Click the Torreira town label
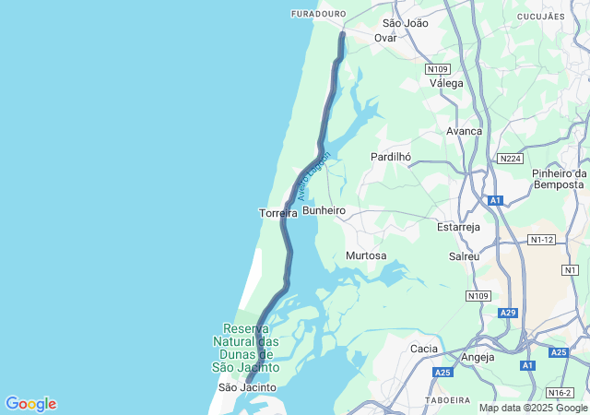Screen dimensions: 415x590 point(277,213)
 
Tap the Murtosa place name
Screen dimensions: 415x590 point(366,255)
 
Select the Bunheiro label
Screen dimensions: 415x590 point(324,211)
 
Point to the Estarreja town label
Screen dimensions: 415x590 point(459,225)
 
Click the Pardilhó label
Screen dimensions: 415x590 point(390,157)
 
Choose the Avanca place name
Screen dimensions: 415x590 point(464,131)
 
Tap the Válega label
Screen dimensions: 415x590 point(447,82)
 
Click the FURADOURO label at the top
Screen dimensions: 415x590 point(317,14)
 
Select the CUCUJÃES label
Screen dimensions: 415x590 point(540,17)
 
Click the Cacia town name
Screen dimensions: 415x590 point(423,349)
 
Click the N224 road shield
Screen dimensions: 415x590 point(510,159)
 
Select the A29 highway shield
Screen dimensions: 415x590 point(508,314)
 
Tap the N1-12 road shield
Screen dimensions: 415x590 point(542,240)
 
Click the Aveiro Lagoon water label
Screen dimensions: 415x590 point(313,173)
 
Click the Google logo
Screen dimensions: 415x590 point(30,404)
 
